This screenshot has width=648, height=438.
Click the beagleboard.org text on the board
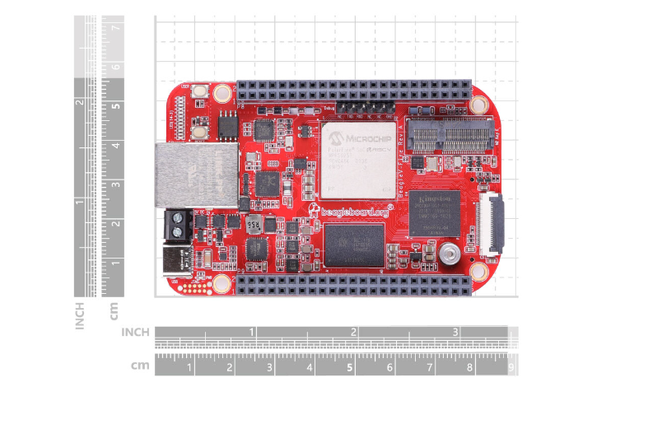[x=354, y=211]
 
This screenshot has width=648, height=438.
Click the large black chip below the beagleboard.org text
[x=354, y=245]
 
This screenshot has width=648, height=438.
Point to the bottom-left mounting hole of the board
[x=221, y=284]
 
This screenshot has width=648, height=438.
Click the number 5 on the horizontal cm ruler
[x=350, y=368]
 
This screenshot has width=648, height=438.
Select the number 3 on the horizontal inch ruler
[x=455, y=332]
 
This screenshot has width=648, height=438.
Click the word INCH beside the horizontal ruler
[x=136, y=332]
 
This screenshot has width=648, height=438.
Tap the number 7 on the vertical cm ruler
[x=116, y=27]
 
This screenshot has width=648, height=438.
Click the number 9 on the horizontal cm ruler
[x=511, y=368]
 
